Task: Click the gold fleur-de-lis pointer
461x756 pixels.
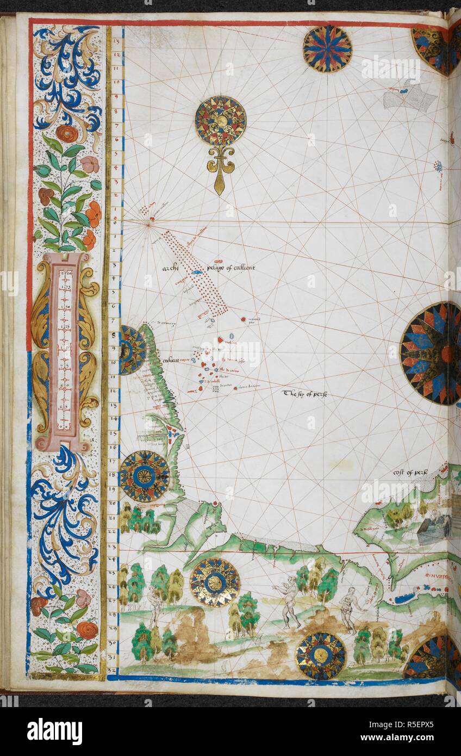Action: [220, 168]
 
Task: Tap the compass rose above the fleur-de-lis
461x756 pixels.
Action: [220, 121]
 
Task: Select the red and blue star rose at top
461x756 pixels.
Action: [327, 49]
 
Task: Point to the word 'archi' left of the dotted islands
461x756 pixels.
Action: [171, 268]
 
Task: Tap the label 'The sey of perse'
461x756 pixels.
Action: [304, 393]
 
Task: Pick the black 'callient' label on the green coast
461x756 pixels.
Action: [170, 360]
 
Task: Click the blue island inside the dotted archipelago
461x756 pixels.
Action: [197, 272]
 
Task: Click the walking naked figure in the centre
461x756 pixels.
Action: [287, 601]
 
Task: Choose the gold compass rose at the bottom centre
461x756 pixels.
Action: [321, 655]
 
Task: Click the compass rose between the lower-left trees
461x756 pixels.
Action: [215, 583]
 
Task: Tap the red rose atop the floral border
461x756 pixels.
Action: [67, 133]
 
